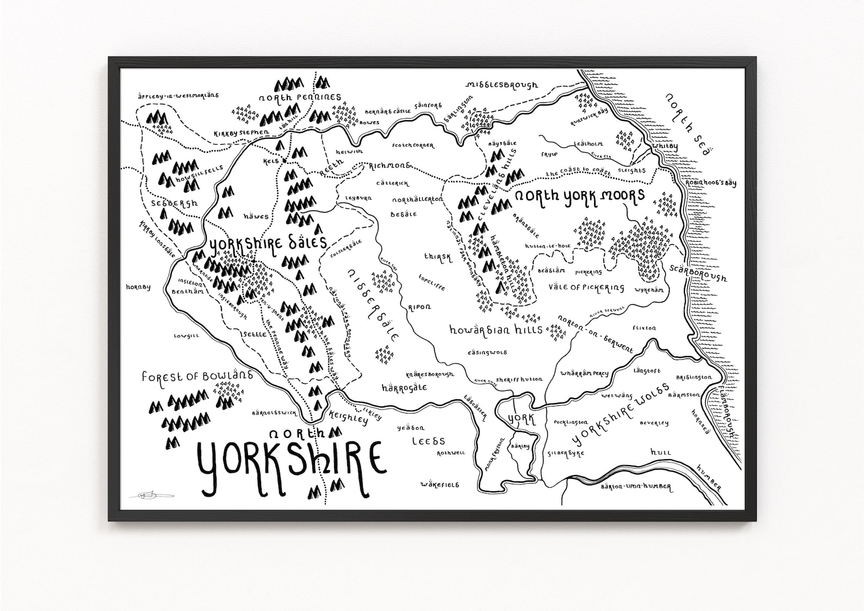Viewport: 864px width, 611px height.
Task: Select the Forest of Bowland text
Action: point(197,375)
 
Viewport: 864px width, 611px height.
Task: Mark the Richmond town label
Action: point(389,165)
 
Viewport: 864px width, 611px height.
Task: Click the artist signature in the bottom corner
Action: point(150,495)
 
